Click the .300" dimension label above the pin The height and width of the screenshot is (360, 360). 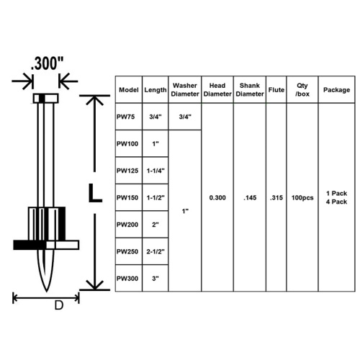pyautogui.click(x=48, y=63)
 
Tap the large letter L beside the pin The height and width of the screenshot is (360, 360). pyautogui.click(x=95, y=193)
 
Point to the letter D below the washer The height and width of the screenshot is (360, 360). pyautogui.click(x=59, y=305)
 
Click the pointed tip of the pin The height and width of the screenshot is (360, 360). pyautogui.click(x=46, y=291)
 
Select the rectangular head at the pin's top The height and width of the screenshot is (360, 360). pyautogui.click(x=45, y=99)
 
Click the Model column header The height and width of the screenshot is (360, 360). pyautogui.click(x=129, y=90)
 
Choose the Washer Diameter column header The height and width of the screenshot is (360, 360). pyautogui.click(x=185, y=90)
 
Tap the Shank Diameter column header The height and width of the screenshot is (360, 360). pyautogui.click(x=250, y=90)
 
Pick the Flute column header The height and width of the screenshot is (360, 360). pyautogui.click(x=276, y=90)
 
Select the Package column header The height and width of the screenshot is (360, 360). pyautogui.click(x=336, y=90)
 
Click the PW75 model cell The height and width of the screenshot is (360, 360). pyautogui.click(x=125, y=117)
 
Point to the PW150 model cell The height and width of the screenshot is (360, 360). pyautogui.click(x=127, y=198)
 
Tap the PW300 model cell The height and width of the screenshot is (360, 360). pyautogui.click(x=127, y=279)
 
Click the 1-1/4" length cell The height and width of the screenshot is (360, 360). pyautogui.click(x=156, y=171)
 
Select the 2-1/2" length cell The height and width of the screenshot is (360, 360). pyautogui.click(x=156, y=252)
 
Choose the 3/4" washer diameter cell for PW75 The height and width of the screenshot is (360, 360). pyautogui.click(x=185, y=117)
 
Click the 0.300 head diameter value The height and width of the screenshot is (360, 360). pyautogui.click(x=217, y=198)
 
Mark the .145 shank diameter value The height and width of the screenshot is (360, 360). pyautogui.click(x=250, y=198)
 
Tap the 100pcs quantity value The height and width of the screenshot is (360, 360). pyautogui.click(x=302, y=198)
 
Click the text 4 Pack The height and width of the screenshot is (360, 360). pyautogui.click(x=336, y=202)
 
